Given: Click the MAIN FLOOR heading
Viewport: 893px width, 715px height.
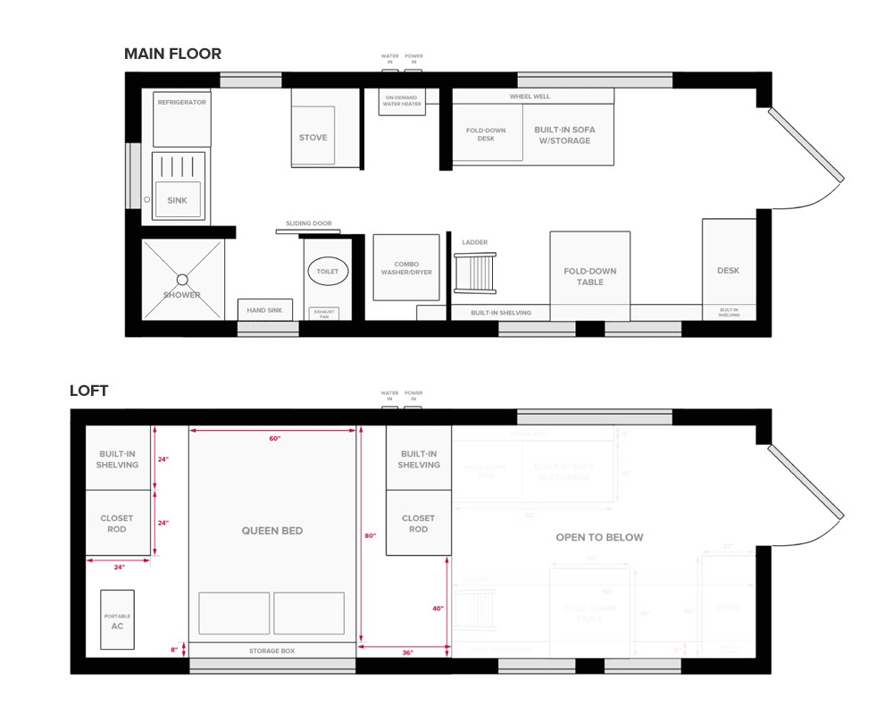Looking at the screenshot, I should tap(172, 55).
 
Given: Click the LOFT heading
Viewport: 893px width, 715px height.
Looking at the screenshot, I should tap(90, 391).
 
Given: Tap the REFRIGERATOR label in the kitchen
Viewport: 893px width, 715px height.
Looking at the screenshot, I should tap(182, 103).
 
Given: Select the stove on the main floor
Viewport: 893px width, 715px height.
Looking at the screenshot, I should tap(313, 137).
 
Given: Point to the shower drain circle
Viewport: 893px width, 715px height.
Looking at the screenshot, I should tap(182, 278).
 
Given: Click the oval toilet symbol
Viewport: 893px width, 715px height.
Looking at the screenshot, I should tap(329, 271).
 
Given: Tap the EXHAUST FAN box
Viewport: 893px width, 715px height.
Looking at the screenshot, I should tap(322, 314).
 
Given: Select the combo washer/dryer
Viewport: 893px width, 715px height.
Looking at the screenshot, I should tap(406, 267).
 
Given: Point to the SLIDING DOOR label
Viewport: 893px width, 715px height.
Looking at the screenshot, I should tap(308, 223).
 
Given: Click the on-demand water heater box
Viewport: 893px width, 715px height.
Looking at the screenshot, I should tap(403, 100).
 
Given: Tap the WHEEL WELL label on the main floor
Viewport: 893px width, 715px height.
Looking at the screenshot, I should tap(530, 97).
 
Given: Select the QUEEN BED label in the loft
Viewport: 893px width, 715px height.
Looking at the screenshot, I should tap(272, 531).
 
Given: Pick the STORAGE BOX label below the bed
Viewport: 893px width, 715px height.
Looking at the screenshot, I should tap(271, 651).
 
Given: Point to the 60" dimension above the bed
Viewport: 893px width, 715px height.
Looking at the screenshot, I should tap(274, 439).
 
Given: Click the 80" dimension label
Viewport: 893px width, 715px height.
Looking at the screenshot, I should tap(370, 536).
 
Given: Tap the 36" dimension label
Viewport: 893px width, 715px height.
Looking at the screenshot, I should tap(407, 653).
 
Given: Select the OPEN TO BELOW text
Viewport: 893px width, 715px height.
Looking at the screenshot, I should tap(599, 537).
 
